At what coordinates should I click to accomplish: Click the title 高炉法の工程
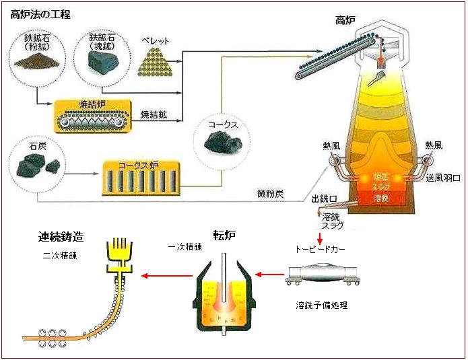tap(41, 14)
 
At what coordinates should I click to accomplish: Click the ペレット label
tap(156, 41)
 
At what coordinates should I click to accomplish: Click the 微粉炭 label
tap(271, 194)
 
